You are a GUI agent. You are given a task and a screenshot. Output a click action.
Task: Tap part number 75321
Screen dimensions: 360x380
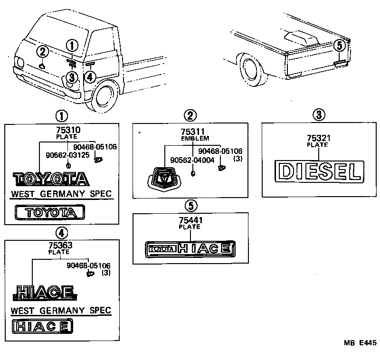318,138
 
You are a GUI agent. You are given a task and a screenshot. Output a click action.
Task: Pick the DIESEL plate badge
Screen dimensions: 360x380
318,171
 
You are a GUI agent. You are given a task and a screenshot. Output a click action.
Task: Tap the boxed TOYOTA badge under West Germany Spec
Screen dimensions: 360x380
50,212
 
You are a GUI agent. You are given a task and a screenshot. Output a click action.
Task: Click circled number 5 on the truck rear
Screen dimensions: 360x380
338,46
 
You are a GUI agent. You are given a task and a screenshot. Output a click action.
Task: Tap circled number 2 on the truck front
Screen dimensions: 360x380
43,52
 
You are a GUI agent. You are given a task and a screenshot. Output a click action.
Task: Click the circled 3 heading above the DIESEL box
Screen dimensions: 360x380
319,114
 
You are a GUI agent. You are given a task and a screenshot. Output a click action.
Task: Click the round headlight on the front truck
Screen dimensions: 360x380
20,63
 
